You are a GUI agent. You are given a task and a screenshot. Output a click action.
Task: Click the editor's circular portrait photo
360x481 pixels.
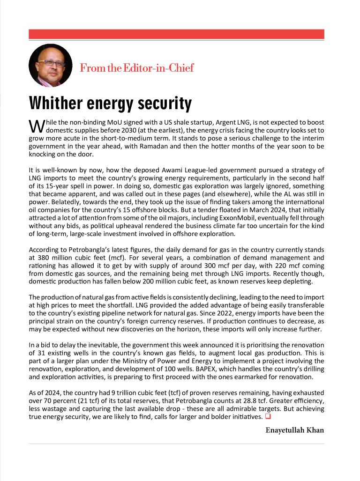(x=50, y=66)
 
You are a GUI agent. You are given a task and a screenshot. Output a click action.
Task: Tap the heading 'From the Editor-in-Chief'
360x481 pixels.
(x=136, y=68)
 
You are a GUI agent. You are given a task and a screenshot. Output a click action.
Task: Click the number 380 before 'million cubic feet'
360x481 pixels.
(x=45, y=258)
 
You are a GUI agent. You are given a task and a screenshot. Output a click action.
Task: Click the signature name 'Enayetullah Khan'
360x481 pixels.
(x=294, y=430)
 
